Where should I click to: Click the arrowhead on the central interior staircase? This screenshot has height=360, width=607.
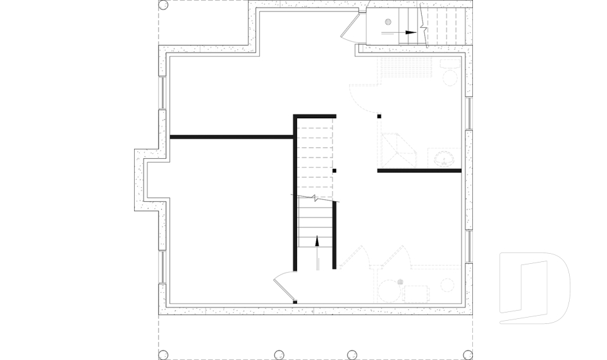tap(317, 239)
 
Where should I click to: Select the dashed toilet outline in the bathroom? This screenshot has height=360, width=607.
tap(450, 73)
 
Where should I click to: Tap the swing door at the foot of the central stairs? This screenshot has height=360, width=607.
tap(283, 285)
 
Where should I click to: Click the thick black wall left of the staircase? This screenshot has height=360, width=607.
tap(231, 137)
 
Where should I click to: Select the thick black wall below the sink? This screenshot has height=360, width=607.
tap(419, 171)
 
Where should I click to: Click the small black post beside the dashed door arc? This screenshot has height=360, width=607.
tap(379, 116)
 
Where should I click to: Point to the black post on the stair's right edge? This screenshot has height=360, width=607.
tap(334, 171)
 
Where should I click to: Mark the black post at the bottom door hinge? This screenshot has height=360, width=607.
tap(295, 302)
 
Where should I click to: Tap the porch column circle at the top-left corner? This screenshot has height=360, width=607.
tap(162, 5)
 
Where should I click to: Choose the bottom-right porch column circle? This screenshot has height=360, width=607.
tap(467, 354)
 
